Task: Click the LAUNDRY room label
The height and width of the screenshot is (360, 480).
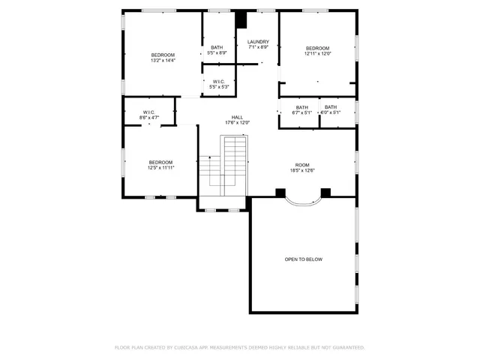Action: [258, 41]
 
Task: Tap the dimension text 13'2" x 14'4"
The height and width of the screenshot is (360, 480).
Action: [163, 61]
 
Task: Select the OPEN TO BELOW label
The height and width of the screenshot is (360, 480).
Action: [303, 259]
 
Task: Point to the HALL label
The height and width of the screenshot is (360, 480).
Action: [237, 117]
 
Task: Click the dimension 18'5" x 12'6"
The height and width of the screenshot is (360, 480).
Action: [301, 171]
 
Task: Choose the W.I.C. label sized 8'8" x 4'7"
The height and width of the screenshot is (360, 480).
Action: [149, 112]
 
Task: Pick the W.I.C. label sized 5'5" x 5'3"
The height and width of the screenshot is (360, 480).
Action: [218, 82]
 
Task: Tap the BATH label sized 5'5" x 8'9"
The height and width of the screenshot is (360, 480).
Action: [217, 47]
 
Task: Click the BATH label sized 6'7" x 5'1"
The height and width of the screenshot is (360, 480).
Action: [301, 107]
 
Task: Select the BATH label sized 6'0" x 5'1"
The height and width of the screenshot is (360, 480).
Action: [331, 107]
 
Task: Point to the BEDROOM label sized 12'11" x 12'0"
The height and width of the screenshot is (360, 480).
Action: [317, 48]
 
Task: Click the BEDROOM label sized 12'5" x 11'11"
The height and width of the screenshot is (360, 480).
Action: [160, 162]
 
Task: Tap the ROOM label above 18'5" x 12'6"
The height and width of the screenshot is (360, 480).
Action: [301, 165]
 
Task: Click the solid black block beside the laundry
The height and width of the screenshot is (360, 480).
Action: [241, 20]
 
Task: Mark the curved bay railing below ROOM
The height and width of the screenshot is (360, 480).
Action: [302, 200]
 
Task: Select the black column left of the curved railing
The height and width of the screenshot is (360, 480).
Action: [280, 193]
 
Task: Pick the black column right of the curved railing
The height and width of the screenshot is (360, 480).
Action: [325, 193]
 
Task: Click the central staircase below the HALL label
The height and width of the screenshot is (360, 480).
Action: [235, 161]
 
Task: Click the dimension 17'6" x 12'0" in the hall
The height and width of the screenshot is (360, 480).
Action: [237, 123]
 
